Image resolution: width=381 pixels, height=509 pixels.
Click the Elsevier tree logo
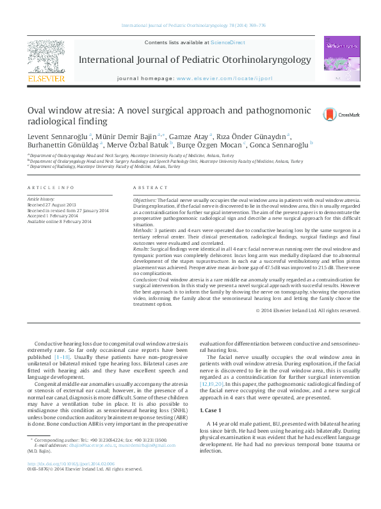pyautogui.click(x=45, y=59)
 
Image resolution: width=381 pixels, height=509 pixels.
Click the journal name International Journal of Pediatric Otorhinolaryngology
pyautogui.click(x=184, y=60)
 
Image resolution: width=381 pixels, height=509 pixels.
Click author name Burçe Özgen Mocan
pyautogui.click(x=211, y=145)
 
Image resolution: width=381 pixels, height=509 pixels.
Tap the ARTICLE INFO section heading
pyautogui.click(x=51, y=187)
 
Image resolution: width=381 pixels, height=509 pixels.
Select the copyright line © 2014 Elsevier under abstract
pyautogui.click(x=308, y=310)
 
